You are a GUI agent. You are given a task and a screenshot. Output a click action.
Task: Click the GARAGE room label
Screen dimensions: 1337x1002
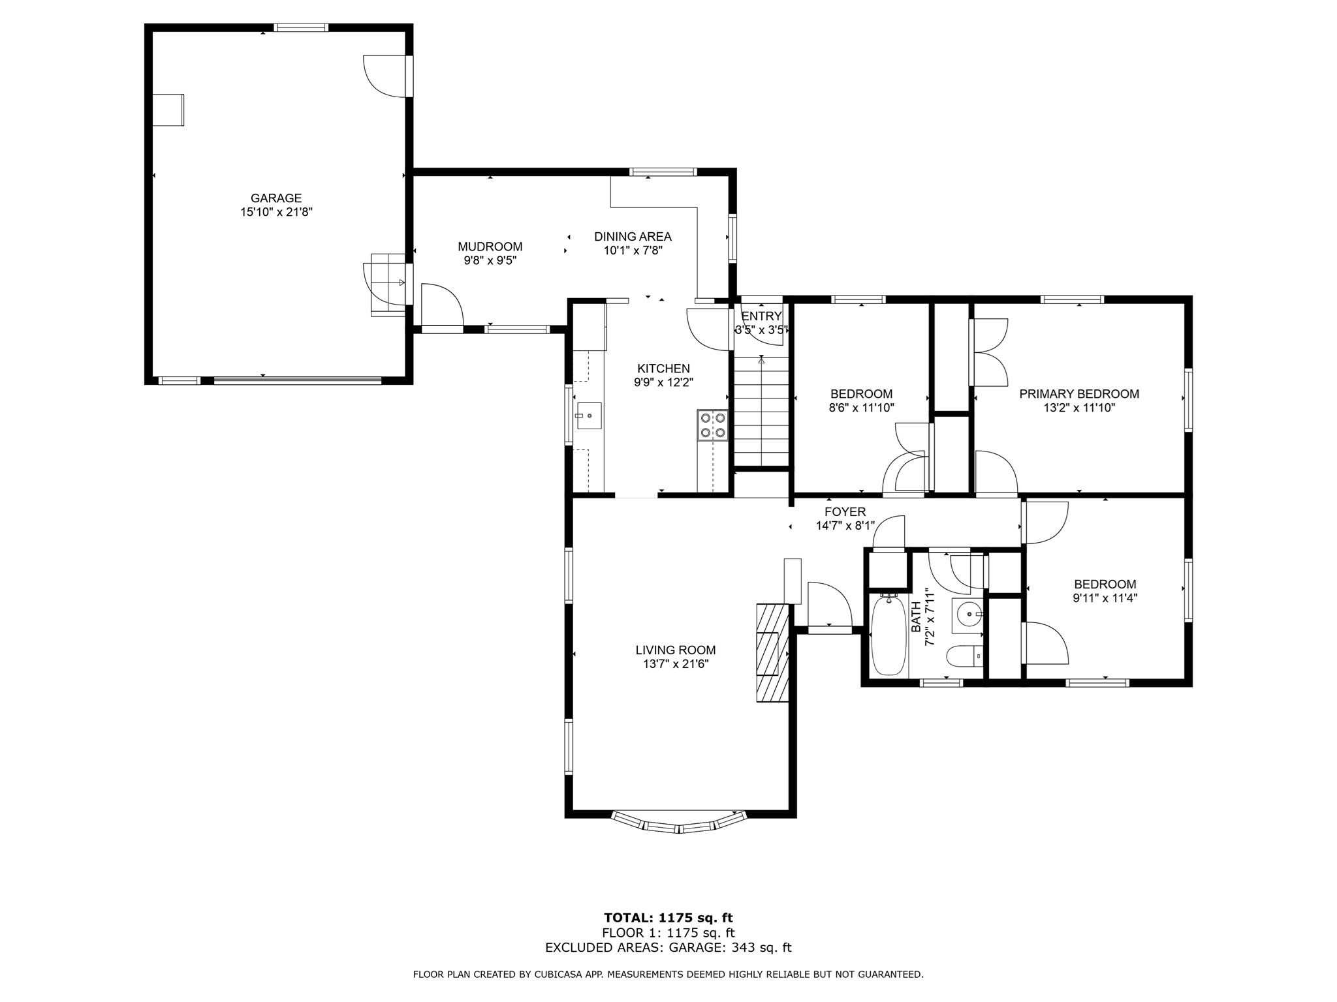coord(276,198)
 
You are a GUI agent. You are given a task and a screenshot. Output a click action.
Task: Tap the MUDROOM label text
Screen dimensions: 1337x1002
coord(490,247)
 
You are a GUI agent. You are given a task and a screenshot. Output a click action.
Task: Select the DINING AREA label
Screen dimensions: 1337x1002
coord(633,237)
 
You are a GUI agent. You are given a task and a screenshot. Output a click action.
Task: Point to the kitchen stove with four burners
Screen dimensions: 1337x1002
coord(712,425)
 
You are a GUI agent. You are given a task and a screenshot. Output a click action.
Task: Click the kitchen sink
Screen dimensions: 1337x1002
coord(589,416)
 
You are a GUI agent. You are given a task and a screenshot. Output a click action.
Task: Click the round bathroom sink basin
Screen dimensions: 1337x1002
coord(968,613)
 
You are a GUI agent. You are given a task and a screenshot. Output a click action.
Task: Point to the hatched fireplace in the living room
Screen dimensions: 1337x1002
coord(773,652)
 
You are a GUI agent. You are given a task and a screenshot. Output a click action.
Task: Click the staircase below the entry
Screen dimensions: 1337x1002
coord(762,411)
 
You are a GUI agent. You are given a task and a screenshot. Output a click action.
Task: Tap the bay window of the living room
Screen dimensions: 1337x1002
coord(679,822)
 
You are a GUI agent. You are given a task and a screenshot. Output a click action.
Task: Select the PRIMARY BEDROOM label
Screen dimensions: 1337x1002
coord(1079,394)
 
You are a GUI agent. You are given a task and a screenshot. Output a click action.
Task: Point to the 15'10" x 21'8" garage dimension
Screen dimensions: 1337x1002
coord(276,212)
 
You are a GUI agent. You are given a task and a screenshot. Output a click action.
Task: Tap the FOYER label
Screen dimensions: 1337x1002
coord(845,512)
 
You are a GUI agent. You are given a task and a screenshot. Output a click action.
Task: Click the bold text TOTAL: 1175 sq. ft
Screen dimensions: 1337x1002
coord(668,918)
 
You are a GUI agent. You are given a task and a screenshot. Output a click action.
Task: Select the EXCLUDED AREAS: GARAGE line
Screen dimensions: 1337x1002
coord(668,948)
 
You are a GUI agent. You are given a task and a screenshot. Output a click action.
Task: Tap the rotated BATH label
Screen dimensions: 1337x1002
coord(915,617)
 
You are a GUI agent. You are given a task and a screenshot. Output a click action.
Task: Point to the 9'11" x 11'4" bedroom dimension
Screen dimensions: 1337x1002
coord(1105,598)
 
